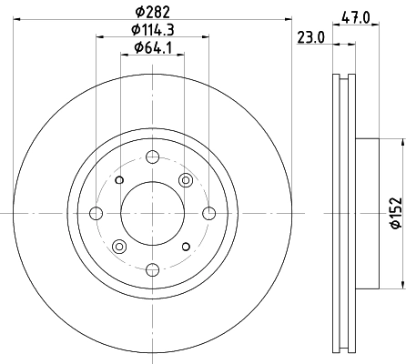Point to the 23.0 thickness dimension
(310, 37)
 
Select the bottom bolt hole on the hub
(152, 268)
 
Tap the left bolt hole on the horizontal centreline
(96, 213)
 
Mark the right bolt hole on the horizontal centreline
(208, 213)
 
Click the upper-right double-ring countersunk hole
(186, 179)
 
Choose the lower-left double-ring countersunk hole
(118, 247)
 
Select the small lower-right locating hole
(186, 247)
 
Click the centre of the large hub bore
(152, 213)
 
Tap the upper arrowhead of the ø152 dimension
(401, 143)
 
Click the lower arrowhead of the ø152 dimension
(401, 283)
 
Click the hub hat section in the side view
(364, 213)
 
